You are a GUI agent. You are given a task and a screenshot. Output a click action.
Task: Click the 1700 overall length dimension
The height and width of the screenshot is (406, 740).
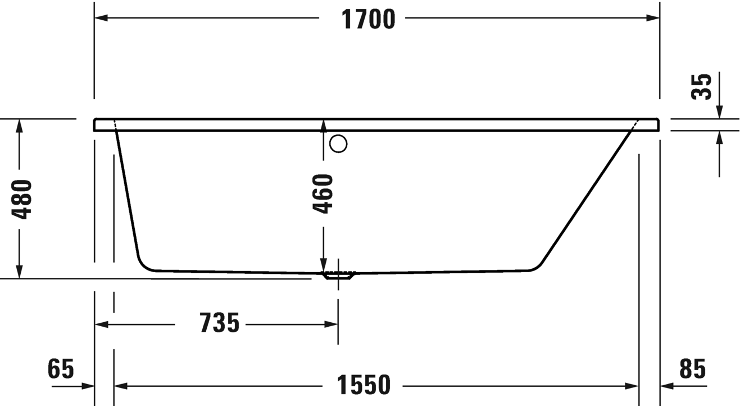pos(368,20)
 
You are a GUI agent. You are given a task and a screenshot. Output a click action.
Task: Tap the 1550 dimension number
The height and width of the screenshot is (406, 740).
pos(364,385)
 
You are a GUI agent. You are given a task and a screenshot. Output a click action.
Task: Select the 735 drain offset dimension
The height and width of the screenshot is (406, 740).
pos(219,322)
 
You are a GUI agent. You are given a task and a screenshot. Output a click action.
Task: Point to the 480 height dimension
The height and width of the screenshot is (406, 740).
pos(22,200)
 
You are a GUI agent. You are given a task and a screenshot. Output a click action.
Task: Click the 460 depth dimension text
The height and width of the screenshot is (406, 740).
pos(323,194)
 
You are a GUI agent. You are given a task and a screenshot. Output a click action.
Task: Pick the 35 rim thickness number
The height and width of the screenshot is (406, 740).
pos(701,87)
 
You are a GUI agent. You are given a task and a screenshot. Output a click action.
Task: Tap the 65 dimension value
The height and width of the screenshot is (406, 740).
pos(61,368)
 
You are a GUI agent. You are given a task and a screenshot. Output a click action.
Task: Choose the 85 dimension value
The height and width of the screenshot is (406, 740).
pos(693,368)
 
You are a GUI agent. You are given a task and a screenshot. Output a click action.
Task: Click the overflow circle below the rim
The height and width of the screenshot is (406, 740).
pos(338,136)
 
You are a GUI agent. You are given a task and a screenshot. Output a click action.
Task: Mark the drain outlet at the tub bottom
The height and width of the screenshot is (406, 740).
pos(338,276)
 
